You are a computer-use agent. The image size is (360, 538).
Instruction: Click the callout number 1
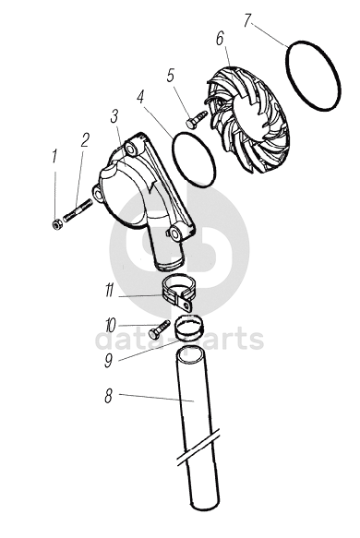(x=54, y=156)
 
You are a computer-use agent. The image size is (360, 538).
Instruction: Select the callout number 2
(x=84, y=140)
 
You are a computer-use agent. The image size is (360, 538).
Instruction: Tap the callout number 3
(x=114, y=117)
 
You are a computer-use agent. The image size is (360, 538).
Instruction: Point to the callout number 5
(x=171, y=76)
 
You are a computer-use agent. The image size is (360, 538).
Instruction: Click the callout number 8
(x=108, y=397)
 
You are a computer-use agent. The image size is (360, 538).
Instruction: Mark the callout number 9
(x=109, y=361)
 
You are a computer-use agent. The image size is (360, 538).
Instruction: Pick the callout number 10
(x=111, y=325)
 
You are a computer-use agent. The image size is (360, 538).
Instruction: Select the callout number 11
(x=110, y=291)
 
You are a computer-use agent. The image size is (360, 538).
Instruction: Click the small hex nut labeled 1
(x=56, y=225)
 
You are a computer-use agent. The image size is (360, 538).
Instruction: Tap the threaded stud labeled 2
(x=78, y=210)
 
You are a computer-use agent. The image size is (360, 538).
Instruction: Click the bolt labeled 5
(x=197, y=119)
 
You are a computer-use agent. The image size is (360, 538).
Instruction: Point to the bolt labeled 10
(x=160, y=329)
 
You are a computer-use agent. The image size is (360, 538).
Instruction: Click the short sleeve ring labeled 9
(x=188, y=328)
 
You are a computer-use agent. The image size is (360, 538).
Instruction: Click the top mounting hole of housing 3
(x=131, y=149)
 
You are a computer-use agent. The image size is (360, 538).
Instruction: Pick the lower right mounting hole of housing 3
(x=175, y=233)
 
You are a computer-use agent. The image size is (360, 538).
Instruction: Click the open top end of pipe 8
(x=191, y=355)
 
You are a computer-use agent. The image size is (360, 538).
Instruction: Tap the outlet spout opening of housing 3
(x=170, y=265)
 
